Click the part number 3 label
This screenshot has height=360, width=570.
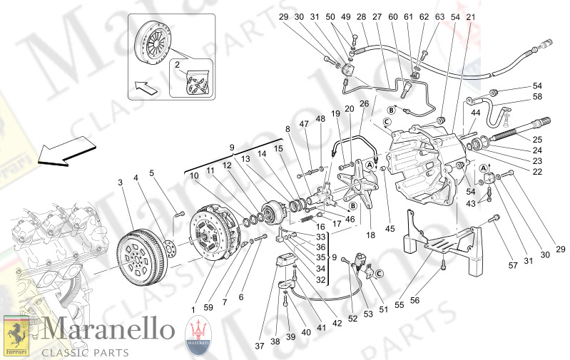pyautogui.click(x=121, y=182)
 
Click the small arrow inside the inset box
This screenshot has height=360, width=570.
pyautogui.click(x=146, y=90)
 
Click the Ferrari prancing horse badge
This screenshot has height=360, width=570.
pyautogui.click(x=16, y=335)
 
